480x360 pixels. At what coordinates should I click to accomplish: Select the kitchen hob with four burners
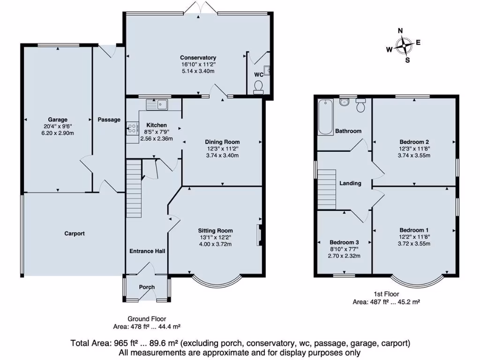132,128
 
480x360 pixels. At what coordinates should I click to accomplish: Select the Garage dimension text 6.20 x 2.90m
57,133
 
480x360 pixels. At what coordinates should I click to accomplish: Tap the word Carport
75,233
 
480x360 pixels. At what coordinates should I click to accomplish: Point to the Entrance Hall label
147,251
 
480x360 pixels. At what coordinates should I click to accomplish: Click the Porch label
147,287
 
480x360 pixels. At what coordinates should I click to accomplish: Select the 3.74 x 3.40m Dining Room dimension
222,156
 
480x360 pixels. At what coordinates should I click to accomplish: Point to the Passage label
109,120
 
